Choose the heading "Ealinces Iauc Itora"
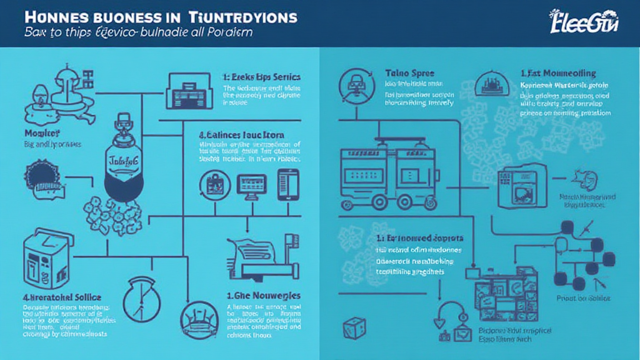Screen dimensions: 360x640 pos(241,134)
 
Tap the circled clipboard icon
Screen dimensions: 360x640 pos(211,186)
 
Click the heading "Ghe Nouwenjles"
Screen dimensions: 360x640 pos(263,295)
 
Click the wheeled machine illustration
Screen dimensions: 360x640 pos(382,175)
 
